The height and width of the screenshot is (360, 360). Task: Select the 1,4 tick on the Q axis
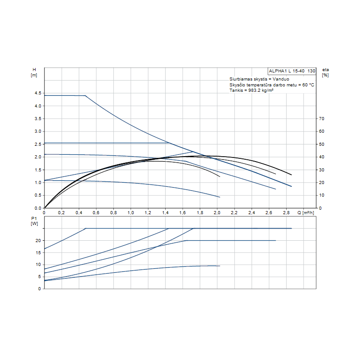coord(165,212)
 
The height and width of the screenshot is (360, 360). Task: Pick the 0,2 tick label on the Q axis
coord(62,212)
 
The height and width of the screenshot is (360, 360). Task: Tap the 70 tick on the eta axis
coord(322,119)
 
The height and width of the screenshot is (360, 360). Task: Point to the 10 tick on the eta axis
coord(322,195)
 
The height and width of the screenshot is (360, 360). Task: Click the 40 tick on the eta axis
coord(322,157)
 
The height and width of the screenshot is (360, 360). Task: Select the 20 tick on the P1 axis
coord(38,241)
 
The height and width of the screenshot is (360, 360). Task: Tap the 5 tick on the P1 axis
coord(39,277)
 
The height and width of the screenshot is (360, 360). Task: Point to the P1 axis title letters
coord(34,219)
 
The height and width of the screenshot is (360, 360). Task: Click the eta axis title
coord(325,70)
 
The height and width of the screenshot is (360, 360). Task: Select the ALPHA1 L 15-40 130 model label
coord(292,71)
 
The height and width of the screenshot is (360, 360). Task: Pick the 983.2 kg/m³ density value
coord(261,90)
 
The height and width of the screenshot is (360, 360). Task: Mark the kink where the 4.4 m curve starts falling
coord(85,95)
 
